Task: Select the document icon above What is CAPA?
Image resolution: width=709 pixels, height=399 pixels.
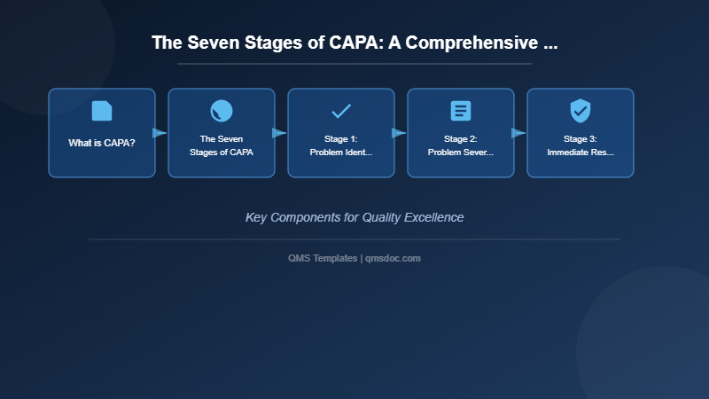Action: [x=102, y=111]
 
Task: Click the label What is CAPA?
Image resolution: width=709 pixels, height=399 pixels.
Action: [x=102, y=143]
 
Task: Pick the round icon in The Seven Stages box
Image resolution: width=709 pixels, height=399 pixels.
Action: [x=222, y=111]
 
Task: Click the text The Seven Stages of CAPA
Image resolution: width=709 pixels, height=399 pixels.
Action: [x=222, y=145]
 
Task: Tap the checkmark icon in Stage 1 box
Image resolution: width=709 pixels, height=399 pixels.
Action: [x=341, y=111]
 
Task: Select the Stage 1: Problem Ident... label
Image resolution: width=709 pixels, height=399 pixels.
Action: [x=341, y=145]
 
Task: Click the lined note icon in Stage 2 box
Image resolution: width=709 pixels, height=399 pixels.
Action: [x=461, y=111]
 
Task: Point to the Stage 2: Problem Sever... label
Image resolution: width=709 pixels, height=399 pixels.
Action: [x=461, y=145]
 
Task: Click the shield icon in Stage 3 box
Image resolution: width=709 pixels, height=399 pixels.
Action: [x=580, y=111]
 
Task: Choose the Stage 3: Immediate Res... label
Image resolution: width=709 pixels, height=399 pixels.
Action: [x=580, y=145]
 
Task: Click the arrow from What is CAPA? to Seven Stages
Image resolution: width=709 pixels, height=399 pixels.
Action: [x=160, y=133]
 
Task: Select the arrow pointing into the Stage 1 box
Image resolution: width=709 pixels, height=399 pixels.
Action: [x=280, y=133]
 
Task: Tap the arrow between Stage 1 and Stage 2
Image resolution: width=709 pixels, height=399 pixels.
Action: [x=400, y=133]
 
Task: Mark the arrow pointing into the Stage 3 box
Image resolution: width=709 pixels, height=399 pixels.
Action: [x=519, y=133]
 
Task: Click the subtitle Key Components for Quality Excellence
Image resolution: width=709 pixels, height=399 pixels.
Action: [x=354, y=217]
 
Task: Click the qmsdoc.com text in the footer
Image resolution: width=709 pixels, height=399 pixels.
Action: [x=393, y=258]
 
